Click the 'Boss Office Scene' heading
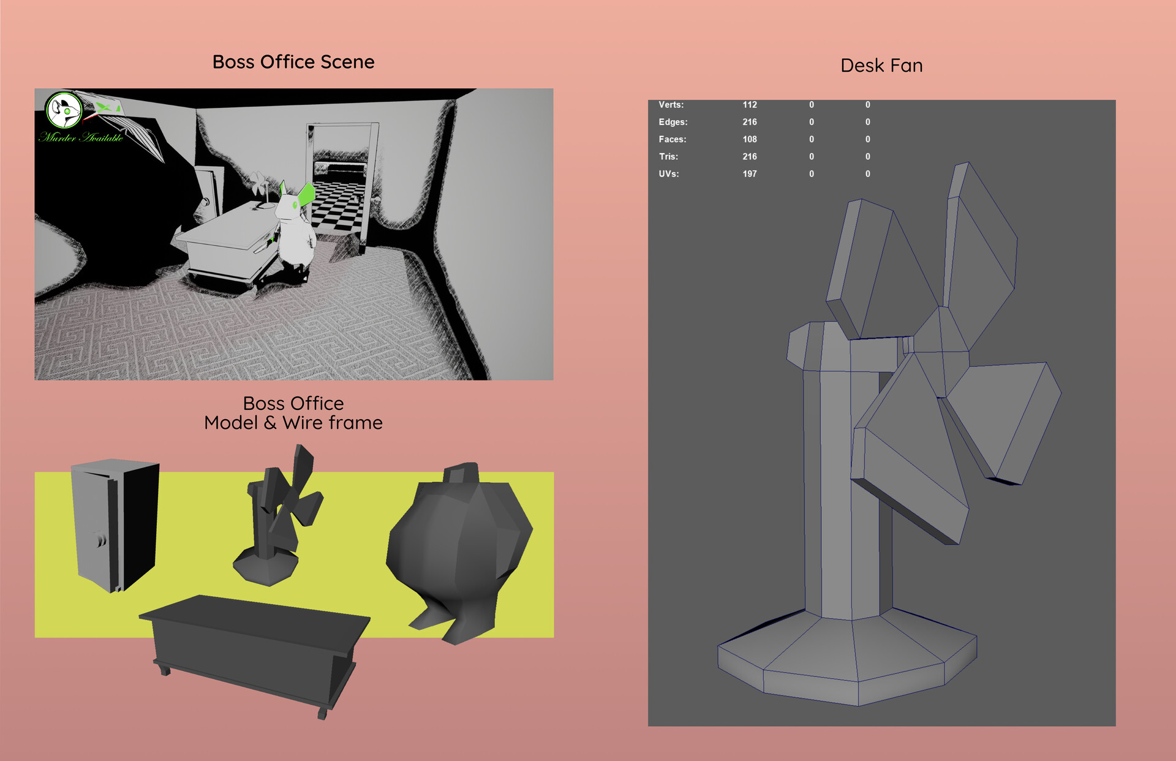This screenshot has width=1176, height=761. tap(293, 62)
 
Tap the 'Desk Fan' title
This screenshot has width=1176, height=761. tap(881, 66)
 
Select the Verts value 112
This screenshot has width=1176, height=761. tap(750, 105)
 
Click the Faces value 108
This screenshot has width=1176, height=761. tap(750, 139)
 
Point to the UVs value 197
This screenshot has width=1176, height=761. tap(750, 174)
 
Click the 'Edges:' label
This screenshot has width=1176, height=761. tap(673, 122)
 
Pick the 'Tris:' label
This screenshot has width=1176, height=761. tap(668, 156)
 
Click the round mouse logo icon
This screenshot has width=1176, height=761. tap(64, 111)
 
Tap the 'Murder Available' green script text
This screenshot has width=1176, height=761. tap(81, 137)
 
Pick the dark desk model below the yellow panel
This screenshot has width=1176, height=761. tap(254, 649)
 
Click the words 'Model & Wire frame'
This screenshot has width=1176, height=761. tap(293, 423)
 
